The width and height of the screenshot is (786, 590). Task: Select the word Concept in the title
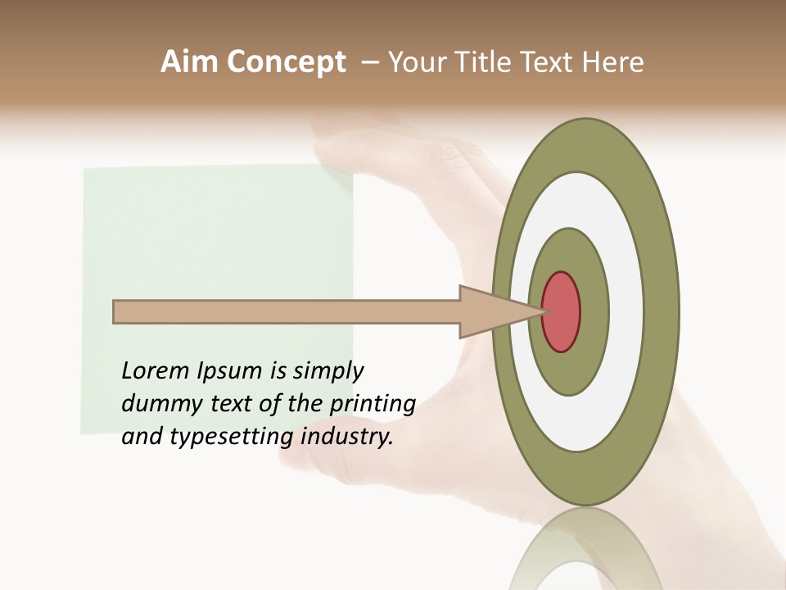point(286,62)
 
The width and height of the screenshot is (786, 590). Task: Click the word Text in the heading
point(549,62)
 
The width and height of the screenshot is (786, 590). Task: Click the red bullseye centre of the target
point(562,312)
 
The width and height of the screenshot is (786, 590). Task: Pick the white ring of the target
point(626,311)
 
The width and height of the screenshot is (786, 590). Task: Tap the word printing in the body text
point(373,404)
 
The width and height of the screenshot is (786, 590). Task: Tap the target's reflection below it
point(585,557)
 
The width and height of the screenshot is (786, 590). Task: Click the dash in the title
point(370,62)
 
